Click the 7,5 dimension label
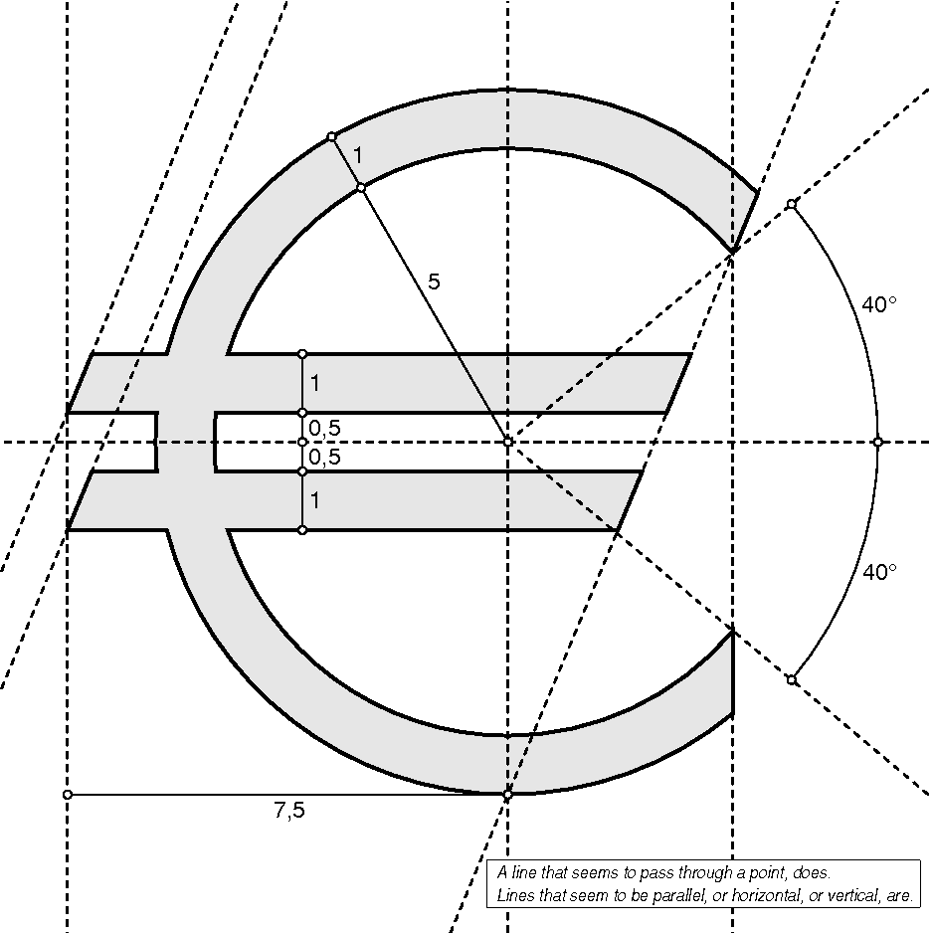(x=289, y=811)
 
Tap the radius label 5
(x=434, y=282)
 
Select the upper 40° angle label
(x=879, y=304)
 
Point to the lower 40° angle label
(x=879, y=572)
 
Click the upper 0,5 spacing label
(x=325, y=429)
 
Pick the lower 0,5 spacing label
(x=325, y=457)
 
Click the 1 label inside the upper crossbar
(x=315, y=383)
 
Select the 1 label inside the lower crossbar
(x=315, y=501)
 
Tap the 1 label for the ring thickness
(x=358, y=155)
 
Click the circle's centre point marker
(x=507, y=442)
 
